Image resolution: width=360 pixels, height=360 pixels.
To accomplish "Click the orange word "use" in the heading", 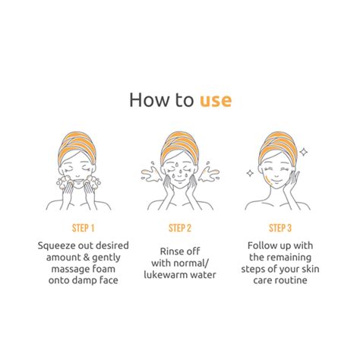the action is [216, 101].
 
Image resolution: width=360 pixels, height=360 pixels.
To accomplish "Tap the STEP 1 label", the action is [83, 228].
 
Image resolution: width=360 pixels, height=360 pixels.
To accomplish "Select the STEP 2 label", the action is [180, 228].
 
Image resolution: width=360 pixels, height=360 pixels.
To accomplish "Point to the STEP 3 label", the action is [280, 228].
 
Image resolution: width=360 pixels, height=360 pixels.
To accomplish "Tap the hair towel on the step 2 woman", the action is [179, 147].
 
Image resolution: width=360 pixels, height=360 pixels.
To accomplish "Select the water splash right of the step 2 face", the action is [209, 172].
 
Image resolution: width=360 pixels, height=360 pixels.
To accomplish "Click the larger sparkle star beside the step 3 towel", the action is [304, 152].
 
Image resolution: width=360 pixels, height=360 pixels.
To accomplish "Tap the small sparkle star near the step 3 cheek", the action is [250, 173].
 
